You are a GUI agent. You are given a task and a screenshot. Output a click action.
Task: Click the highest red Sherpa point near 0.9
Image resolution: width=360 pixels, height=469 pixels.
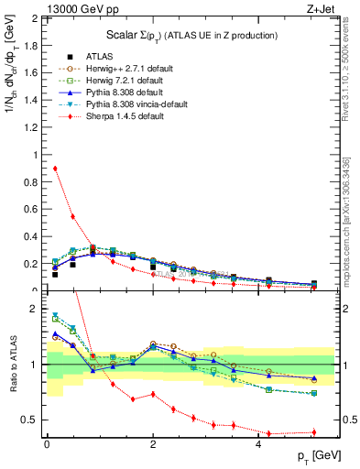[x=55, y=169]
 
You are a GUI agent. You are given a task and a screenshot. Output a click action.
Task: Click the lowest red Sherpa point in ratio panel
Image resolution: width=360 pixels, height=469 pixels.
[x=269, y=433]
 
